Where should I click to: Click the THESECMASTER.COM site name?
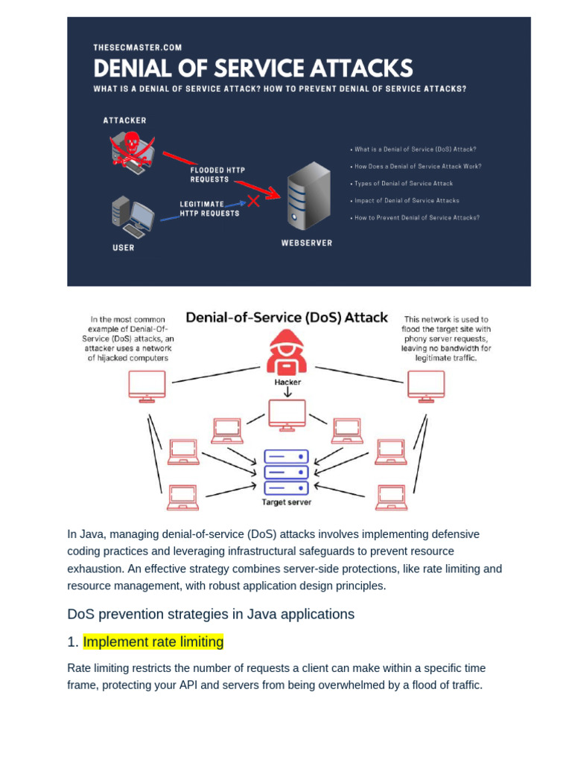coord(137,48)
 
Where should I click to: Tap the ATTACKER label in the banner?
coord(124,120)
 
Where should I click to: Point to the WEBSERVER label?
coord(306,243)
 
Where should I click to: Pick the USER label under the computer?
coord(124,248)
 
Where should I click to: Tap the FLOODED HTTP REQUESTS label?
coord(217,174)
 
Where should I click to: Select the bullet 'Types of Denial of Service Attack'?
coord(402,183)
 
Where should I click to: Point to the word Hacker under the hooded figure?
coord(287,382)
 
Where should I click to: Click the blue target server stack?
coord(286,471)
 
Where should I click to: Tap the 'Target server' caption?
coord(287,502)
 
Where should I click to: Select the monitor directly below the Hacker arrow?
coord(287,414)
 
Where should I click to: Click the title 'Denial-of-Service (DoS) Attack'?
coord(286,318)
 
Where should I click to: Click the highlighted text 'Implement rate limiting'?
coord(153,641)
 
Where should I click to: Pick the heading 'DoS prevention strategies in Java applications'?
coord(211,614)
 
